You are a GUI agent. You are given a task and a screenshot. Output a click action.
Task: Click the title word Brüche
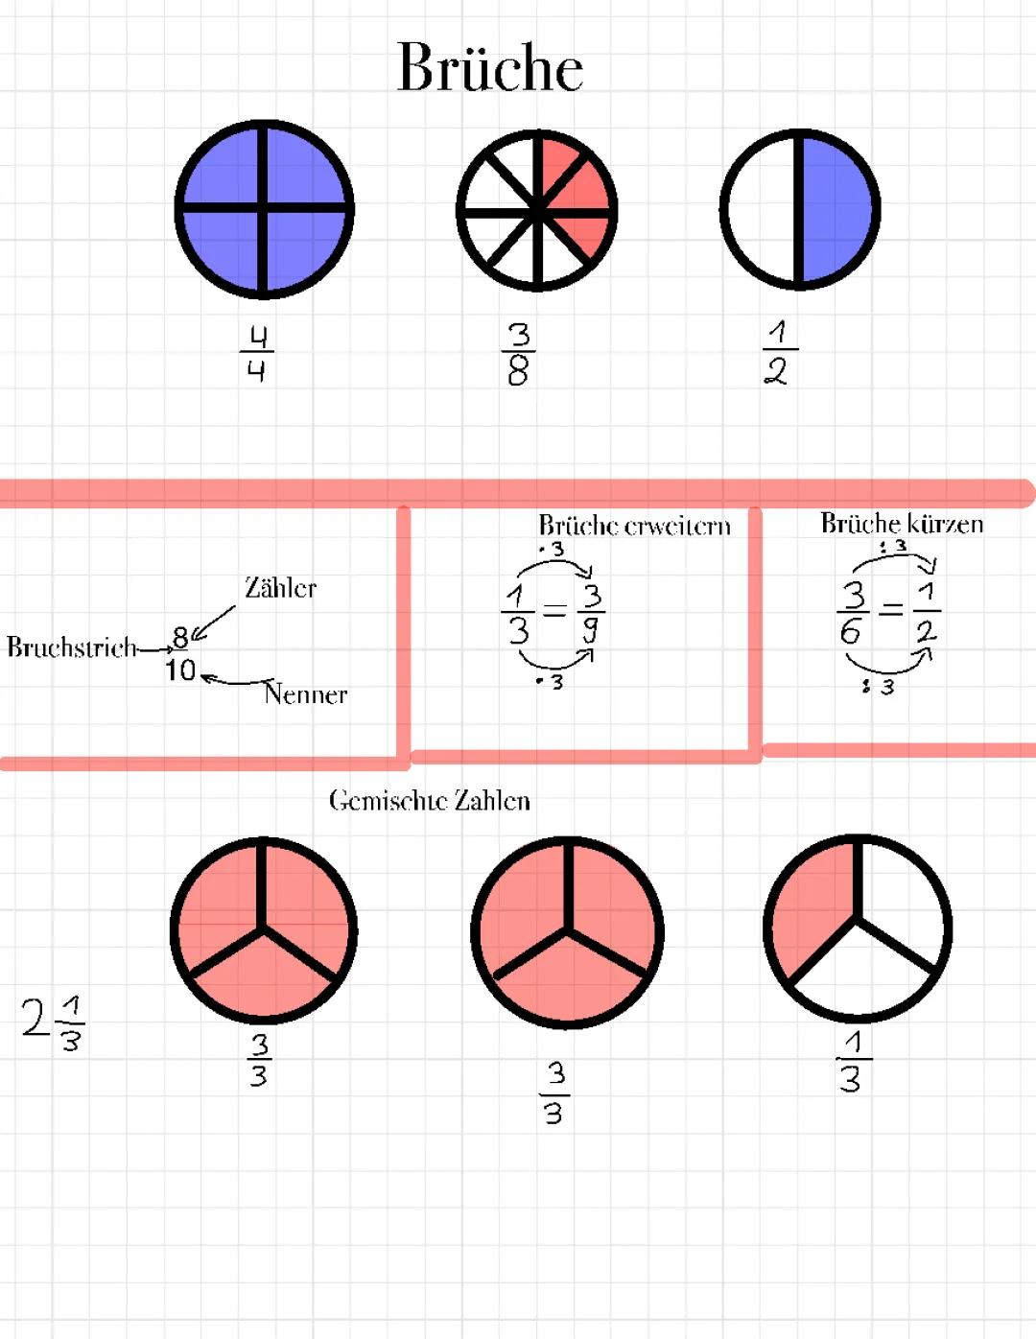coord(490,67)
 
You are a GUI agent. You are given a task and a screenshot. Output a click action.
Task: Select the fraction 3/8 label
coord(518,354)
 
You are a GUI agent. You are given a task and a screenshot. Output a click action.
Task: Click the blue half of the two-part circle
coord(836,209)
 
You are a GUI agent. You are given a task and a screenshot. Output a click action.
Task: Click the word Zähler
coord(280,588)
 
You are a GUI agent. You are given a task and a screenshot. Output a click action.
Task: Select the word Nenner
coord(305,693)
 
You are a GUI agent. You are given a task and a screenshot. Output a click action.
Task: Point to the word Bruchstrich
coord(71,647)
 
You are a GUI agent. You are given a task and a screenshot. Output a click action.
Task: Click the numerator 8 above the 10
coord(180,638)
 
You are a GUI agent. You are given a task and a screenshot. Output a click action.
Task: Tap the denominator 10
coord(180,669)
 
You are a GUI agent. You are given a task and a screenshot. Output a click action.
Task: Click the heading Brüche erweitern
coord(635,526)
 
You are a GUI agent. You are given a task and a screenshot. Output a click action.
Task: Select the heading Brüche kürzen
coord(902,524)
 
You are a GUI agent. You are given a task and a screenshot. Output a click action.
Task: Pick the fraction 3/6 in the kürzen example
coord(853,612)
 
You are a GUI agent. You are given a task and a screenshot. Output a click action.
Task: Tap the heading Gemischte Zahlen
coord(430,801)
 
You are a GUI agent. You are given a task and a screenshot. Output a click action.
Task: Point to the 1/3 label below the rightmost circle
coord(854,1071)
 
